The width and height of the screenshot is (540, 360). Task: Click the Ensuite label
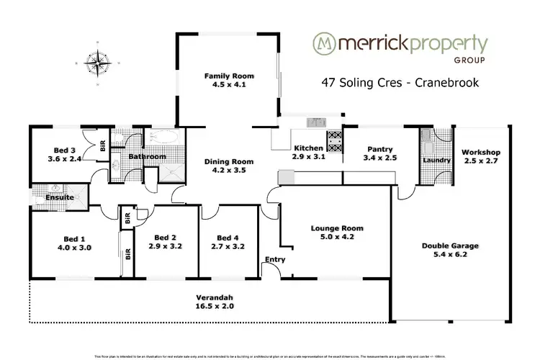pyautogui.click(x=49, y=197)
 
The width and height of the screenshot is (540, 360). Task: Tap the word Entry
pyautogui.click(x=275, y=259)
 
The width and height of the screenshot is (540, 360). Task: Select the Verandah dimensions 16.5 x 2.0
pyautogui.click(x=216, y=305)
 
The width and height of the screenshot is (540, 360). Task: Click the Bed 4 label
pyautogui.click(x=228, y=238)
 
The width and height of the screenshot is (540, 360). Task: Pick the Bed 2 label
pyautogui.click(x=166, y=238)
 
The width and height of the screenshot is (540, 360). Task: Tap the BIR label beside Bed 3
pyautogui.click(x=103, y=145)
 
